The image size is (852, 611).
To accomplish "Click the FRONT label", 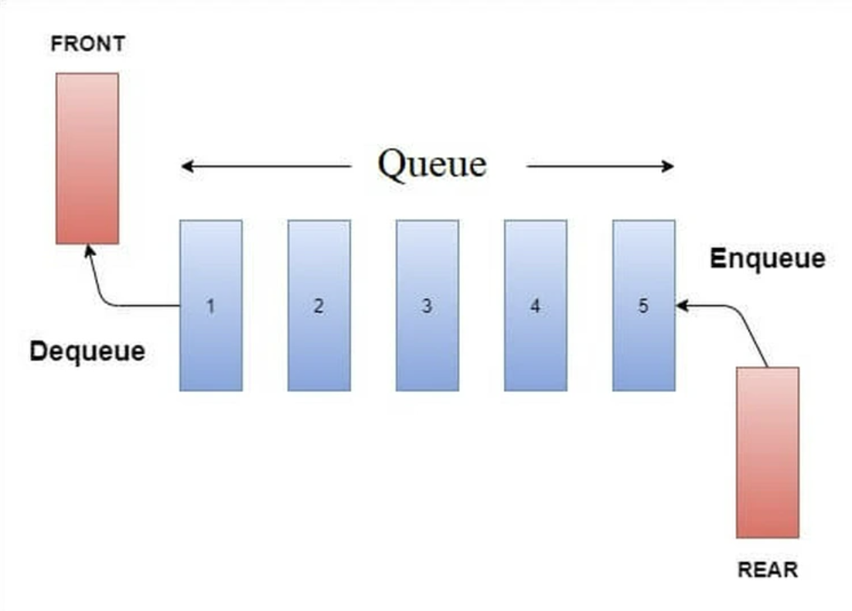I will coord(87,44).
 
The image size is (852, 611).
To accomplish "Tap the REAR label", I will coord(767,571).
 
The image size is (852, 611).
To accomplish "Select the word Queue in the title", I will coord(431,164).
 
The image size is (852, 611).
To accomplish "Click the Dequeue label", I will coord(87,352).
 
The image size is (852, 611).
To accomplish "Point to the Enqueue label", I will coord(767,259).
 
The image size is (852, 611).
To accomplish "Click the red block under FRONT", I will coord(87,159).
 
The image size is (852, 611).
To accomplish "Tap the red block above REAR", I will coord(767,452).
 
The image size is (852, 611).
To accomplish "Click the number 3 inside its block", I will coord(427,305).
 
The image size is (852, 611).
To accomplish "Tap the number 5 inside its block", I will coord(643,305).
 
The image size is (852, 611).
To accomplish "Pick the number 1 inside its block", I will coord(210,305).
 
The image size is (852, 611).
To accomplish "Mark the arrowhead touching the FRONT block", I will coord(90,251).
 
